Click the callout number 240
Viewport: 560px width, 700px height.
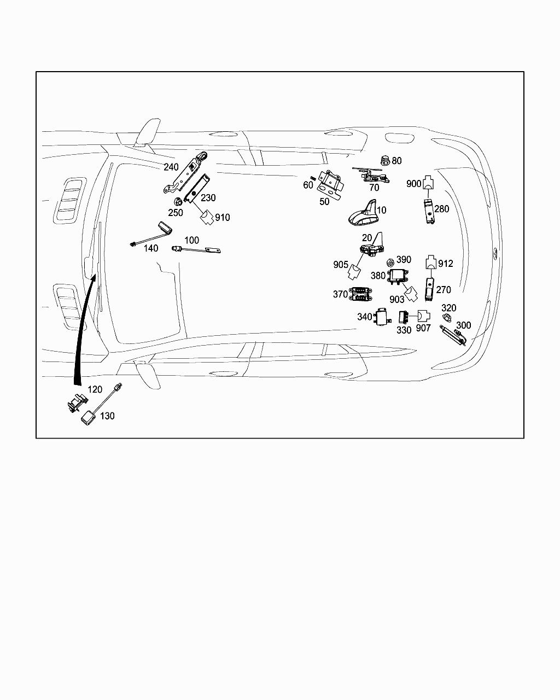coord(171,167)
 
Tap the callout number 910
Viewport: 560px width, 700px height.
coord(223,218)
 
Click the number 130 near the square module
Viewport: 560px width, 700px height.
coord(107,416)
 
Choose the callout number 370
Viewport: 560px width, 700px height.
coord(341,294)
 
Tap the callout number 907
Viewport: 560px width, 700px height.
coord(423,328)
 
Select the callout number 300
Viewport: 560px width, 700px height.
coord(463,325)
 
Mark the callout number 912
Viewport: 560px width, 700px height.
coord(446,264)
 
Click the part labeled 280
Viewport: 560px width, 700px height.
coord(429,211)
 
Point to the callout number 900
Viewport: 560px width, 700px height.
coord(414,184)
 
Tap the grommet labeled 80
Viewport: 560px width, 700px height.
coord(386,160)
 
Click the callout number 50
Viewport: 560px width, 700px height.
coord(324,201)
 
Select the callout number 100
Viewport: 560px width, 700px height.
coord(191,240)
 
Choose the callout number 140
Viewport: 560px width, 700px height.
coord(151,248)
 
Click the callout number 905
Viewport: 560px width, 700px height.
coord(341,265)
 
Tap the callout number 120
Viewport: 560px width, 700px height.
coord(95,390)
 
